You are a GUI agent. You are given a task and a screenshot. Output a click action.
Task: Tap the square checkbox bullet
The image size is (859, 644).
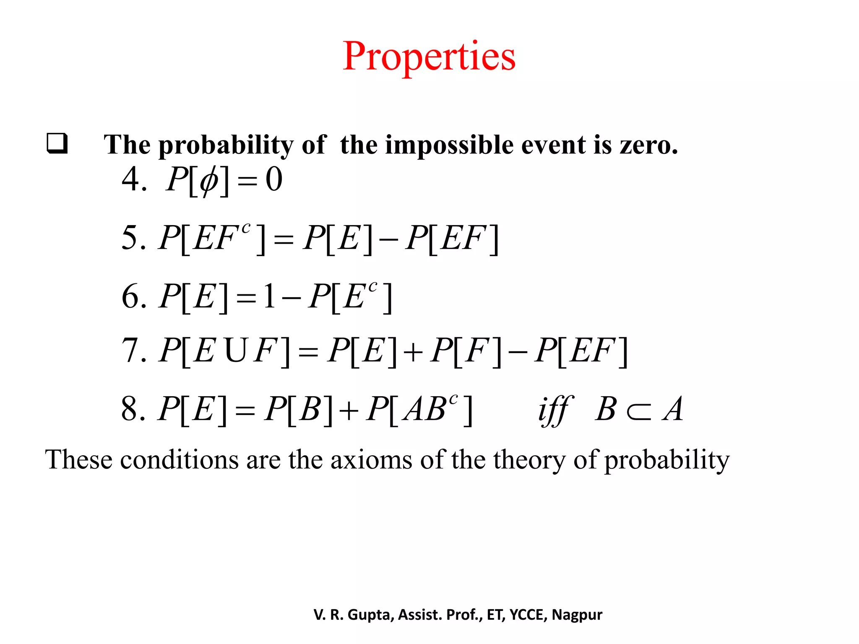[x=57, y=143]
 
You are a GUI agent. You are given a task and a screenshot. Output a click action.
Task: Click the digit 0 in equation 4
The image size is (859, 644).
[x=274, y=179]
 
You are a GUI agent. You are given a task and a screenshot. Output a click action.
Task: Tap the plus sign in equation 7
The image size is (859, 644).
[x=414, y=352]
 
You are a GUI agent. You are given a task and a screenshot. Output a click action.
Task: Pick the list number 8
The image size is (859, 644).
[x=130, y=408]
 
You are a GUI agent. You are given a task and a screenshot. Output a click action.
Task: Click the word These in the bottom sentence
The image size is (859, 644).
[x=79, y=460]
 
